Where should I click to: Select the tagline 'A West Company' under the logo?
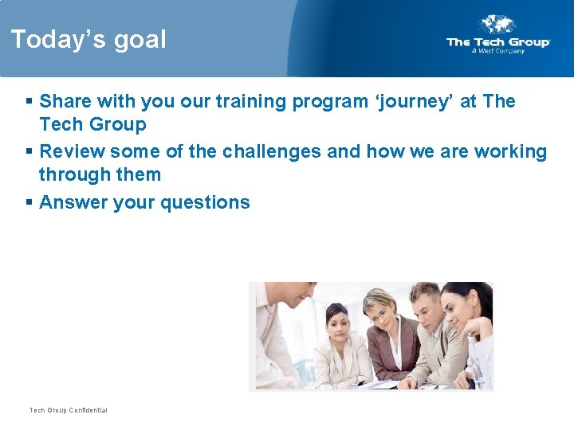pos(498,51)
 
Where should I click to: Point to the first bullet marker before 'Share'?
pos(29,102)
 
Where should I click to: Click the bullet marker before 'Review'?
pos(29,152)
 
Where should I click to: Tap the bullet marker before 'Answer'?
pos(29,203)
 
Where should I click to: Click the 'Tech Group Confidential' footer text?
pos(68,410)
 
